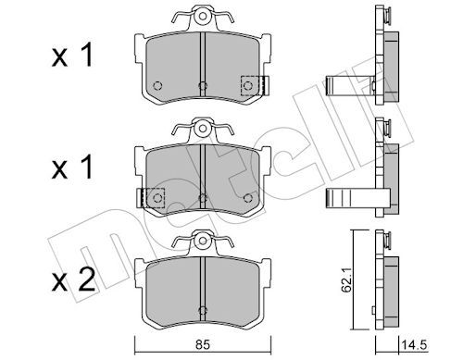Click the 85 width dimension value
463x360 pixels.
coord(203,345)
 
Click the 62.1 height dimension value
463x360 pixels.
coord(347,281)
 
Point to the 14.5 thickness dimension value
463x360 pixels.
coord(414,345)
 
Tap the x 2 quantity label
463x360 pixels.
coord(73,280)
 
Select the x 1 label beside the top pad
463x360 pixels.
coord(72,55)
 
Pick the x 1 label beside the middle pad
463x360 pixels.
coord(72,168)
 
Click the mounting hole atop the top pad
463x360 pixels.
coord(203,16)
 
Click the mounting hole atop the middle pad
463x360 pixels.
coord(203,128)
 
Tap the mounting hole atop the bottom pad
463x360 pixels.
coord(203,241)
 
